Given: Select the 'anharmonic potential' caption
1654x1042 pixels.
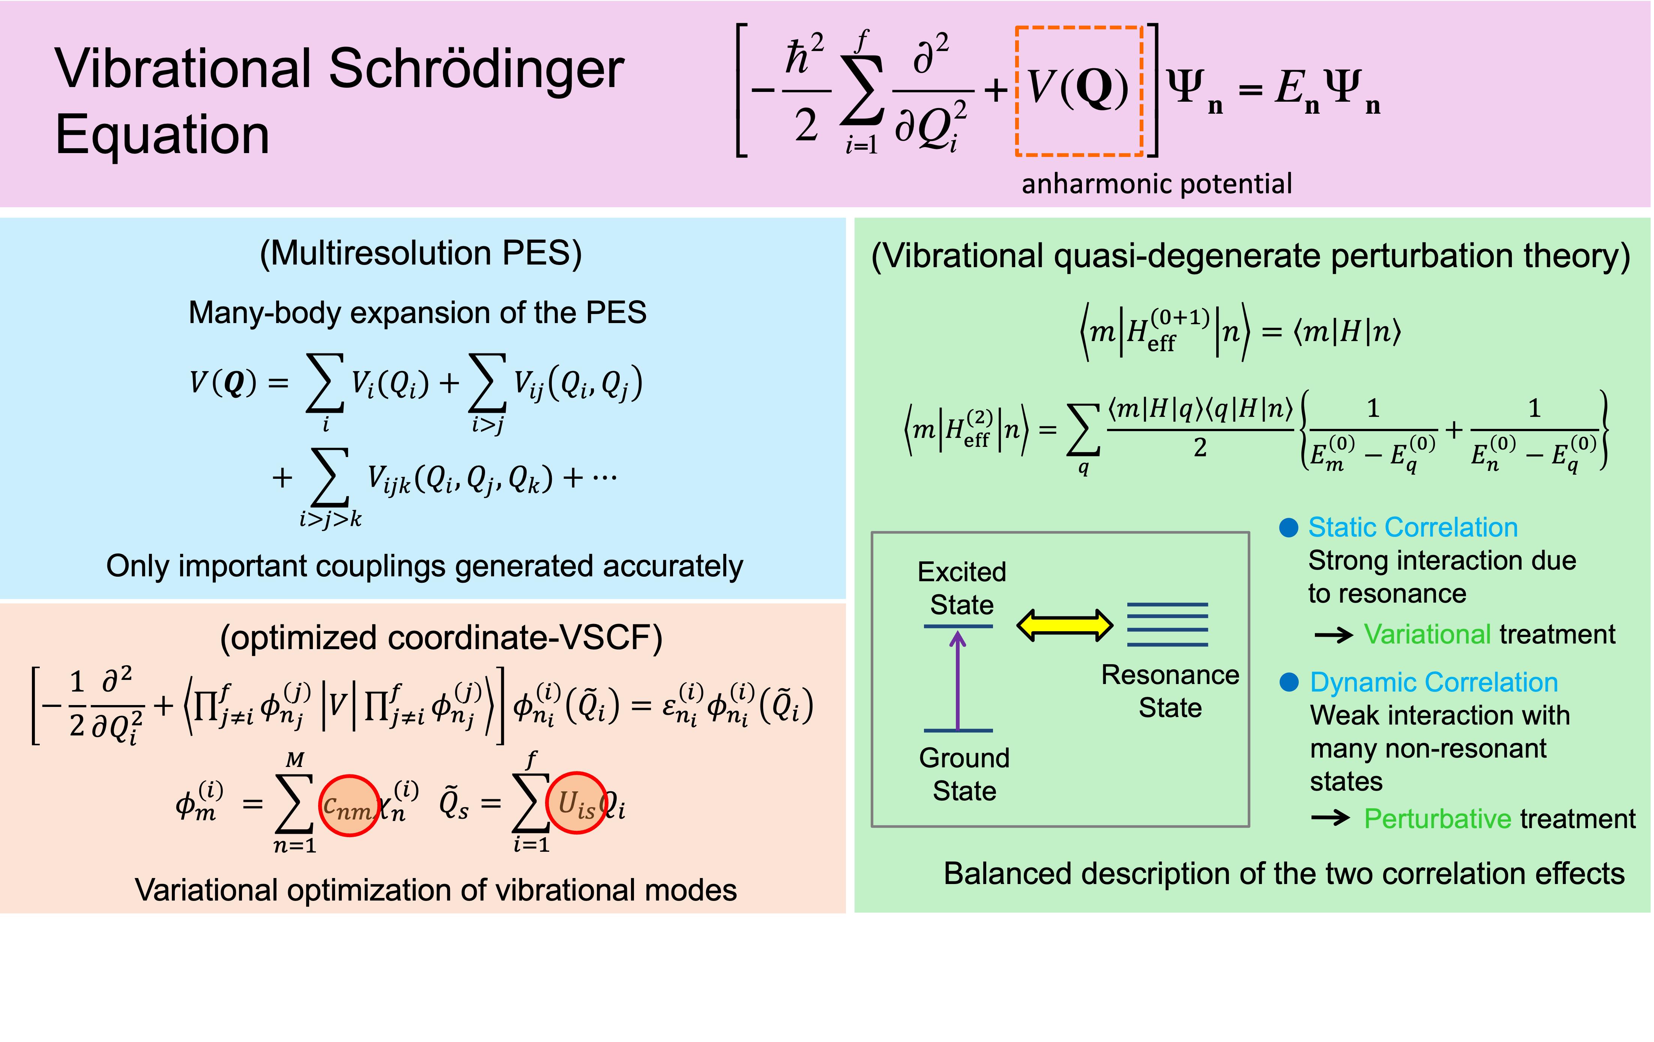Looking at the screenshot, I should click(x=1157, y=184).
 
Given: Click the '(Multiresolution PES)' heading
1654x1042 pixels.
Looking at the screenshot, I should click(x=421, y=253).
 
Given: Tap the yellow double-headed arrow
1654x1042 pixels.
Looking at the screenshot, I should click(x=1065, y=625).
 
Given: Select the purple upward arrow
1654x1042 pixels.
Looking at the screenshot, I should click(x=957, y=680).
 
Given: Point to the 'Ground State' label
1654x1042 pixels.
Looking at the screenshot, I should click(x=964, y=774).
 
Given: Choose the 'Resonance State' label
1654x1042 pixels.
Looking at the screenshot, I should click(x=1170, y=691).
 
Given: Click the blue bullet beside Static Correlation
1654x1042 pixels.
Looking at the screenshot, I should click(x=1289, y=528).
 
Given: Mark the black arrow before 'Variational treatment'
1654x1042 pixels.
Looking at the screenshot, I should click(x=1333, y=635).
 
